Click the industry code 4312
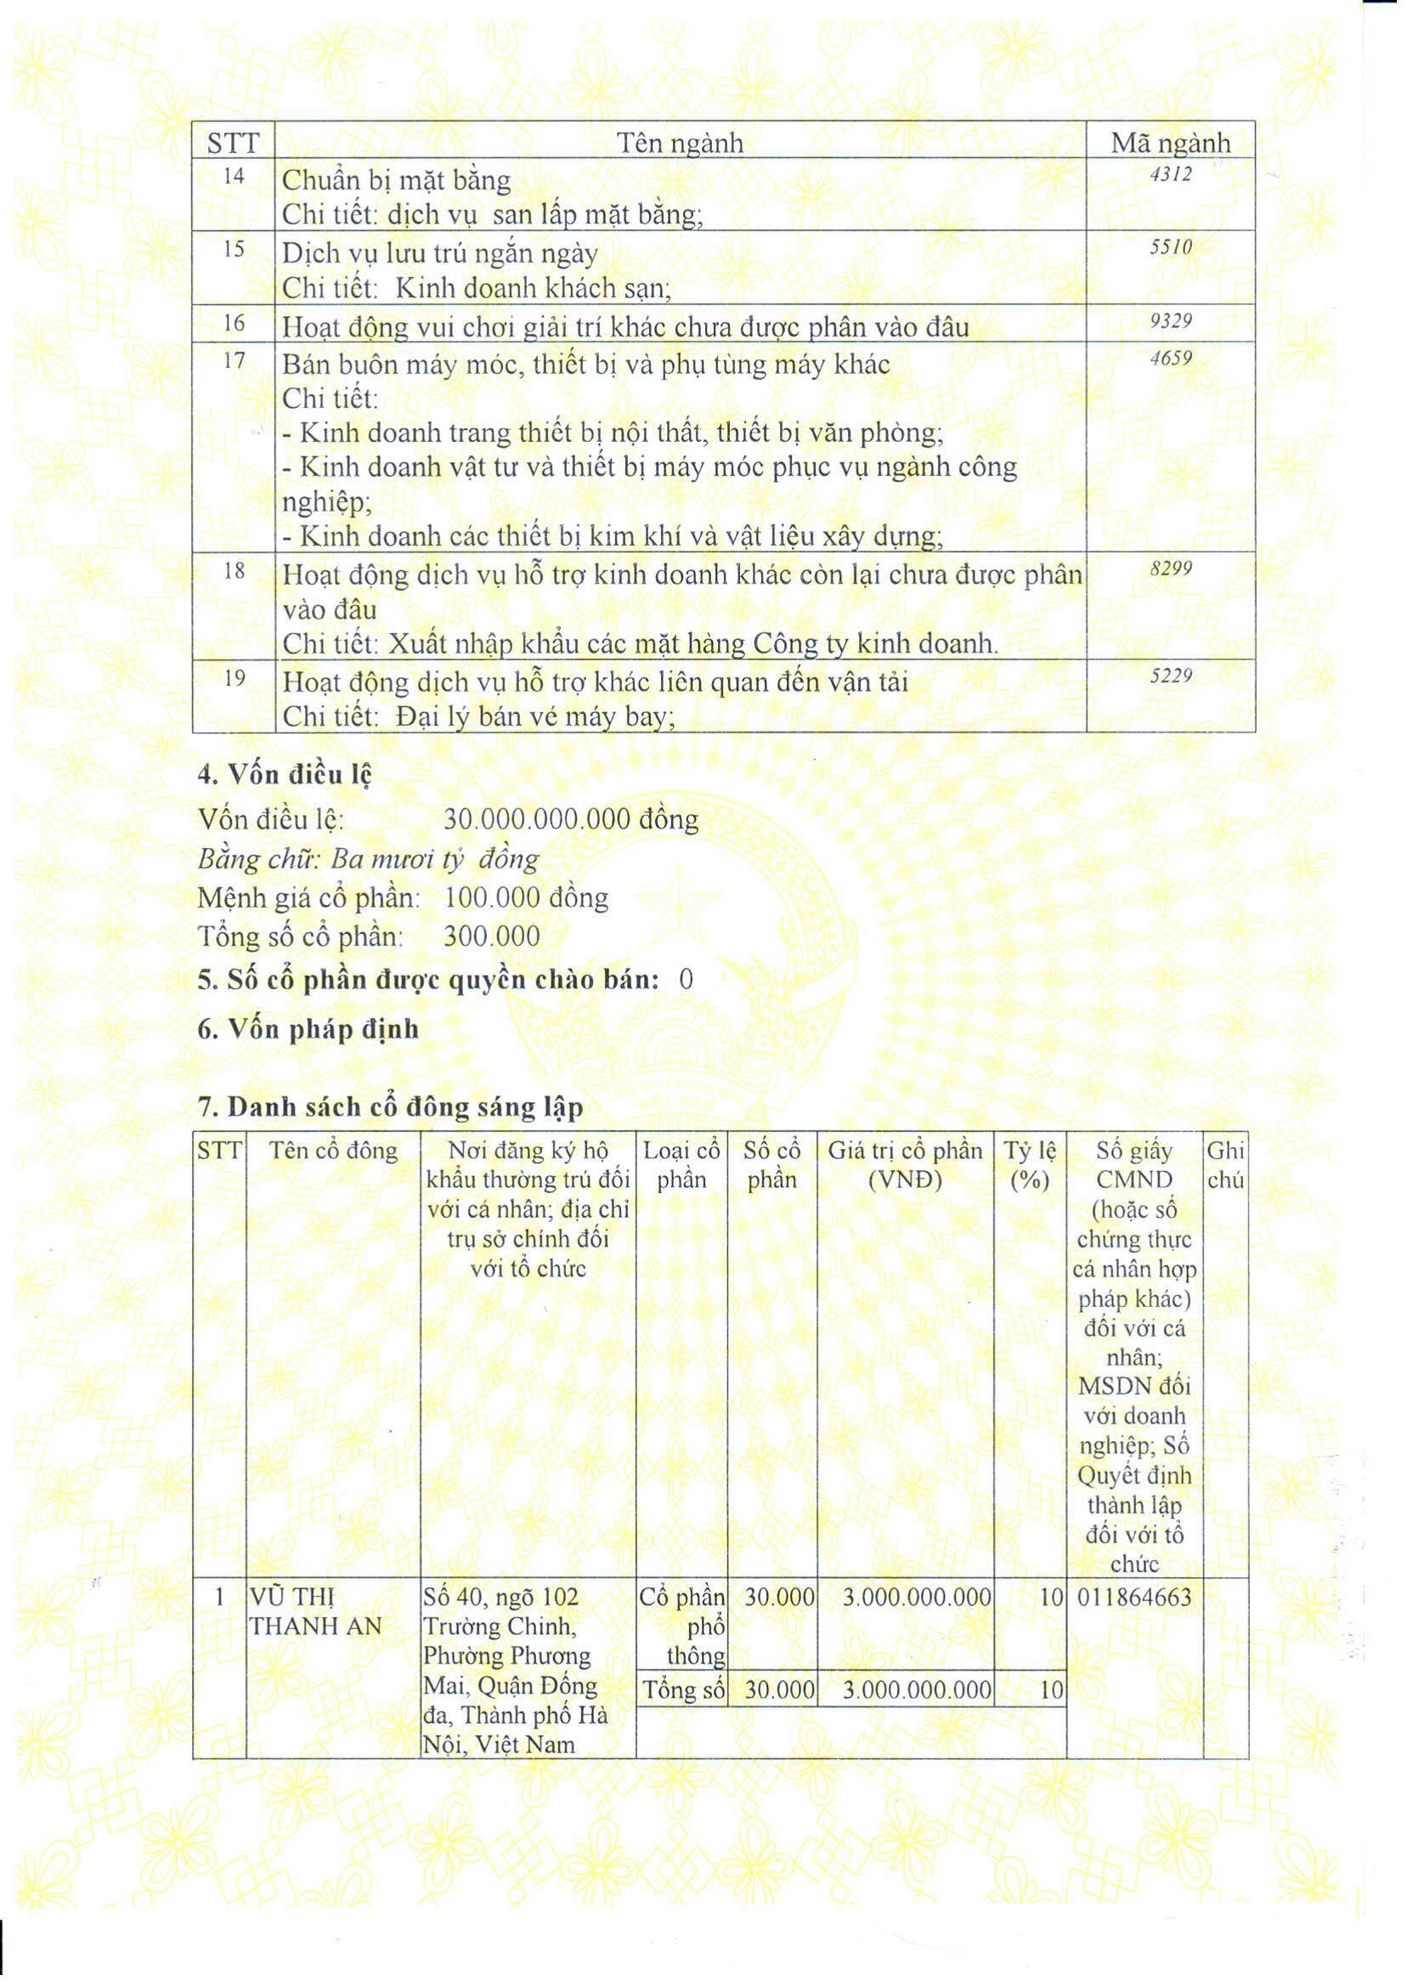click(x=1171, y=174)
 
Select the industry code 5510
click(x=1171, y=248)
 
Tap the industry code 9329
click(x=1171, y=321)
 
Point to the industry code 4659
click(x=1171, y=359)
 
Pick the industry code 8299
click(x=1171, y=569)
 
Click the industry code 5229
click(x=1171, y=676)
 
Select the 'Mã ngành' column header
click(x=1171, y=143)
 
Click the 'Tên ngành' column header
click(x=680, y=143)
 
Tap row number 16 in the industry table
click(x=234, y=324)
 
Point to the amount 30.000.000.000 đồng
click(x=571, y=819)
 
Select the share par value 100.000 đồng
click(x=526, y=897)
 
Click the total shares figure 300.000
click(x=491, y=936)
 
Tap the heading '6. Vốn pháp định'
click(x=308, y=1029)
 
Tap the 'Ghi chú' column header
click(x=1225, y=1164)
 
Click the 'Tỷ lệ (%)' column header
click(x=1029, y=1164)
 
